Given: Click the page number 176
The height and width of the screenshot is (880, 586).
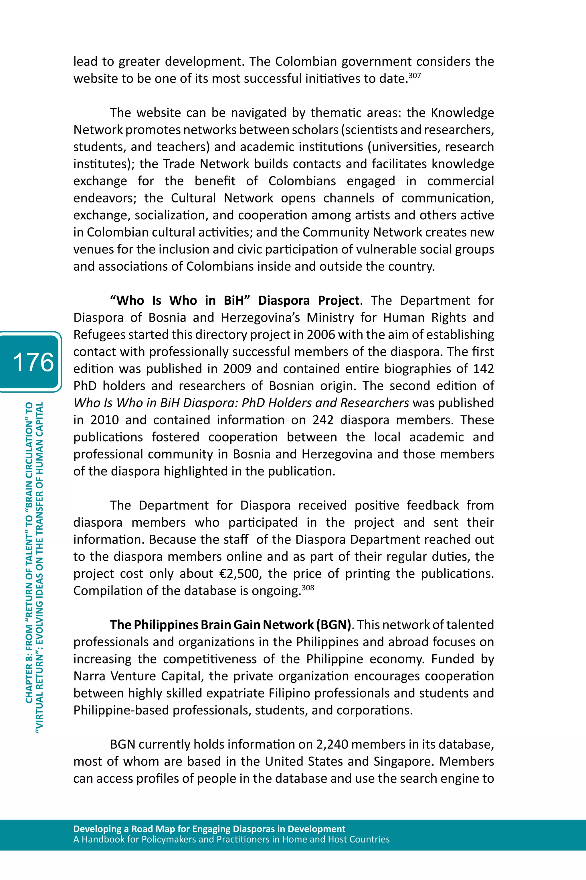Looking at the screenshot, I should (x=33, y=362).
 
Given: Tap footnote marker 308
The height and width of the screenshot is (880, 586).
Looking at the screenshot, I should (x=308, y=588).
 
